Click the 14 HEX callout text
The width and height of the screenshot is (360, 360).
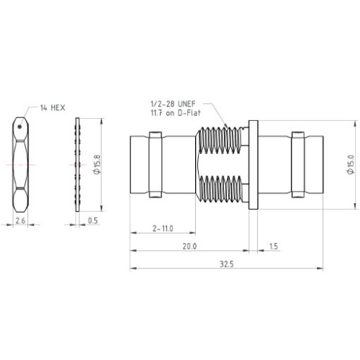(x=53, y=108)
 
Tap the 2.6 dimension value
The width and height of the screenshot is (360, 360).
(x=20, y=220)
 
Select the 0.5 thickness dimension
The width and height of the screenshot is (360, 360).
(x=93, y=220)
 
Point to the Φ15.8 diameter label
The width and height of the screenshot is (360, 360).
(x=97, y=165)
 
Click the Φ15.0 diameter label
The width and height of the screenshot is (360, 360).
(x=351, y=165)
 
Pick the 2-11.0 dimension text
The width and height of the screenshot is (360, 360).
(x=163, y=228)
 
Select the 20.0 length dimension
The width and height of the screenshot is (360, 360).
(x=189, y=246)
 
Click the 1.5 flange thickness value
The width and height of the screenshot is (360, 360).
(x=274, y=246)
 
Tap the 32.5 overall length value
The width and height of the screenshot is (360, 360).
(x=227, y=264)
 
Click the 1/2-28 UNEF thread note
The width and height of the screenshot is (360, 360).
(x=173, y=104)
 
